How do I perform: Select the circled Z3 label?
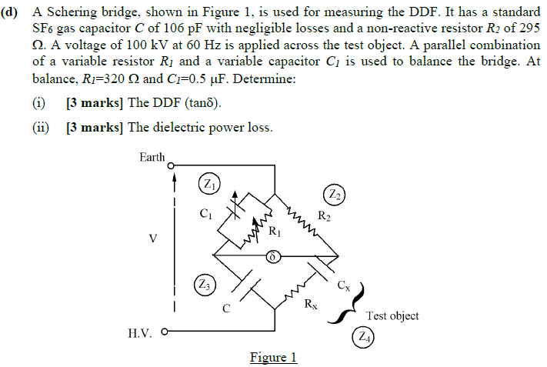(205, 285)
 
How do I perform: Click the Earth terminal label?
(152, 157)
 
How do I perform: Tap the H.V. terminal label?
(141, 333)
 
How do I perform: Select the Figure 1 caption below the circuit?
(273, 357)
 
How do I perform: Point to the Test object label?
(392, 315)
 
